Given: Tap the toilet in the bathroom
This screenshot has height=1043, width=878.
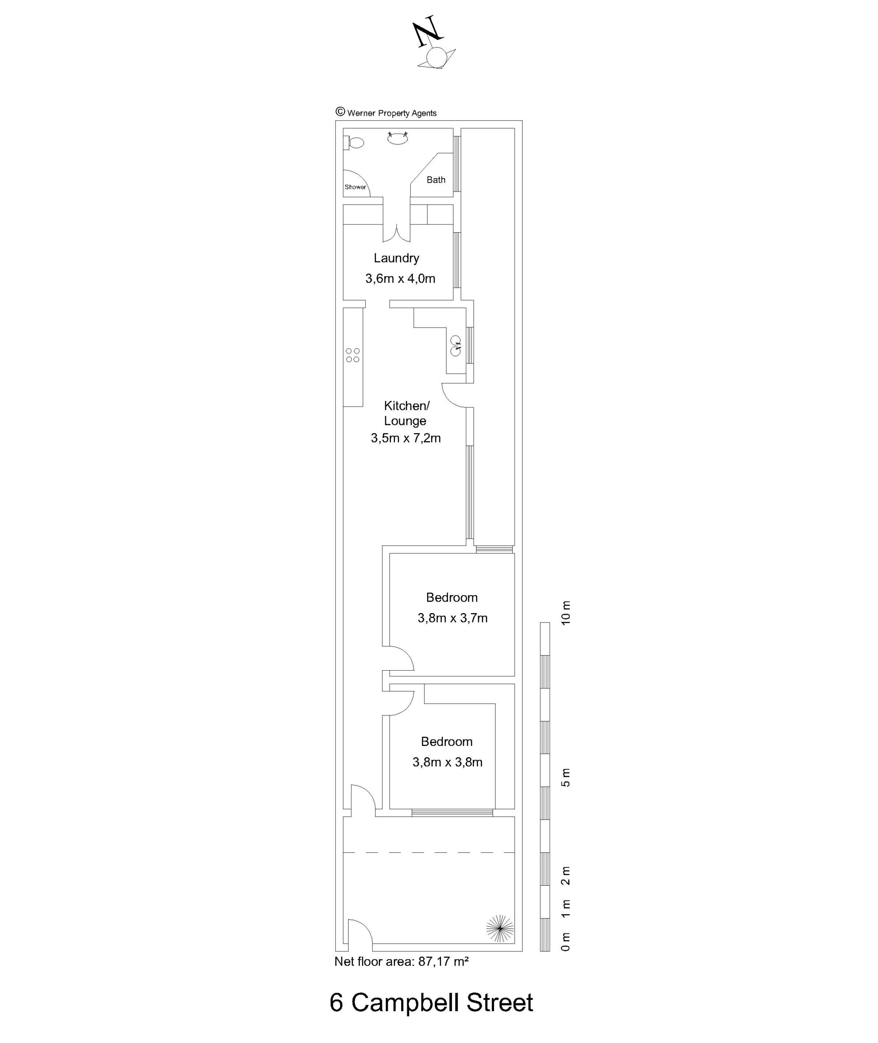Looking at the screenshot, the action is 354,143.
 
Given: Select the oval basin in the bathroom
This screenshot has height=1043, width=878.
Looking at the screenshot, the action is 398,139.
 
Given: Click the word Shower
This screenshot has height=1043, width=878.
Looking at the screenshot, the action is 356,187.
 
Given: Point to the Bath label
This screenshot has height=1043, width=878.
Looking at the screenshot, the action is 436,180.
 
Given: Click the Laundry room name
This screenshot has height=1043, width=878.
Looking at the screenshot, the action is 397,258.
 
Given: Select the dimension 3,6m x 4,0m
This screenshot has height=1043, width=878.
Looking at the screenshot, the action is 400,279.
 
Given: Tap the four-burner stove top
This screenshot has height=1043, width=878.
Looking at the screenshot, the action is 353,355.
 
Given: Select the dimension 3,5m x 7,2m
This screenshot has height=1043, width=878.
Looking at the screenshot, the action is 406,438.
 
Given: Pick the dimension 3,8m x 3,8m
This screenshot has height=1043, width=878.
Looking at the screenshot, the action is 448,762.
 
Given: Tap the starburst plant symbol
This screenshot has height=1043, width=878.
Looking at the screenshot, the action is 500,929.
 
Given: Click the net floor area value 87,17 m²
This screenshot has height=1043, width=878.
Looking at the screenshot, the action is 443,962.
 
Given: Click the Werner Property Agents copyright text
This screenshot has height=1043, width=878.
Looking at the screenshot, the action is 386,112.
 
